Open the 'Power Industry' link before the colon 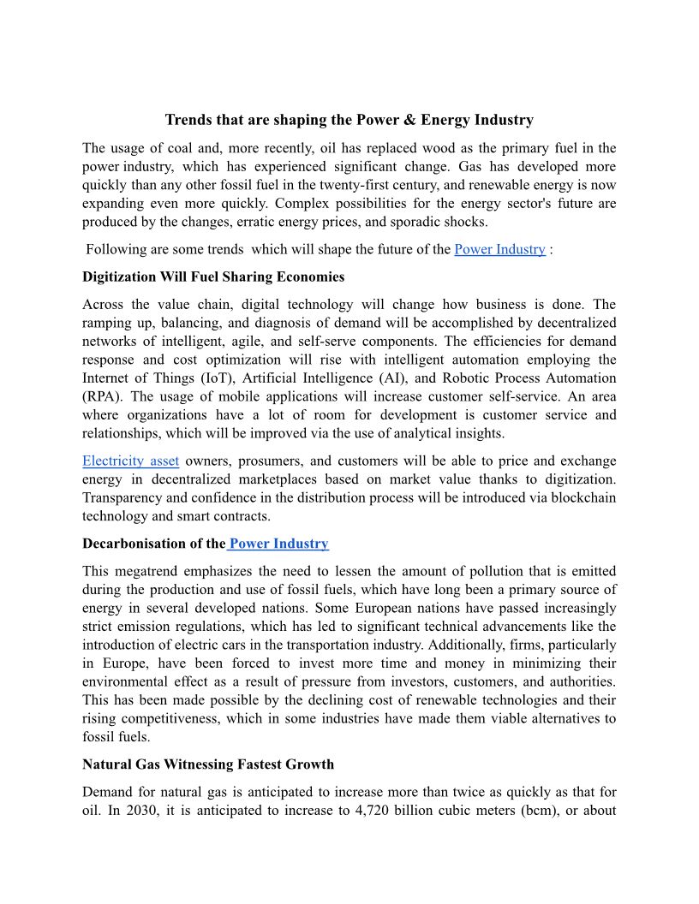tap(499, 249)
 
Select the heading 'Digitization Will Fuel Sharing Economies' tap(213, 277)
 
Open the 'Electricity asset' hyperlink tap(130, 461)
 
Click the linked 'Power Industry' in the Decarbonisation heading tap(278, 544)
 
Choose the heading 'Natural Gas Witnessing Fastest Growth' tap(208, 764)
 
